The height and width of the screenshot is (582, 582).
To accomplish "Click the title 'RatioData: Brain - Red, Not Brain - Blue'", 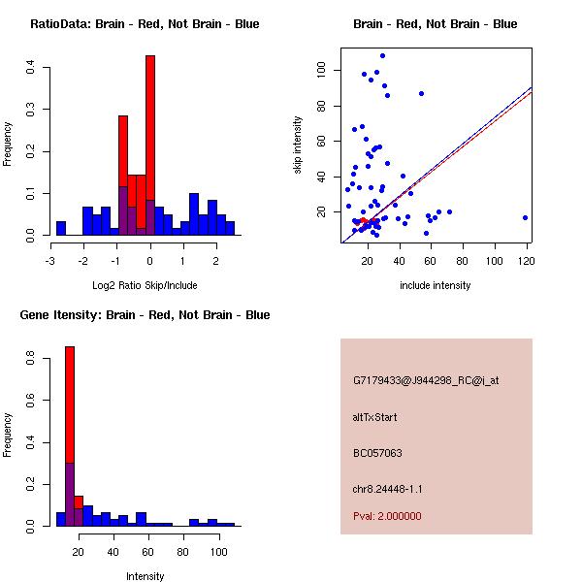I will (x=145, y=24).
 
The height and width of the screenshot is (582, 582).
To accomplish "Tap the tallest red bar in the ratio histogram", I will (x=150, y=126).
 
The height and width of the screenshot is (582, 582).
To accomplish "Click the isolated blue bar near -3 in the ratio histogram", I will (x=61, y=229).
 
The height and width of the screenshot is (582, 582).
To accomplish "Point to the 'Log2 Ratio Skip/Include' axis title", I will (x=145, y=285).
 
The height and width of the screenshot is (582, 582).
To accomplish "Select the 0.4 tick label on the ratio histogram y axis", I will (x=31, y=67).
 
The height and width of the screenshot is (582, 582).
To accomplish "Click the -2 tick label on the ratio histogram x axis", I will (x=84, y=260).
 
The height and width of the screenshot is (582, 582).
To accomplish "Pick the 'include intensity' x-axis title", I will (x=436, y=285).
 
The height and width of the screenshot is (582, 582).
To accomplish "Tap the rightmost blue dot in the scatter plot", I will (x=525, y=218).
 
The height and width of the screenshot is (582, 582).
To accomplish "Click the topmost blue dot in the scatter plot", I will (x=382, y=56).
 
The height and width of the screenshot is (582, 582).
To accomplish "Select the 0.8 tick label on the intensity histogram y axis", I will (x=31, y=358).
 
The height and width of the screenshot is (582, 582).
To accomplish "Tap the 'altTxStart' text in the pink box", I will (x=375, y=417).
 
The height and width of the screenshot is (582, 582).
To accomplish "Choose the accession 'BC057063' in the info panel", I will (x=377, y=453).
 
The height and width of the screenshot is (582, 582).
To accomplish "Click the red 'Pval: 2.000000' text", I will (x=387, y=516).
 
